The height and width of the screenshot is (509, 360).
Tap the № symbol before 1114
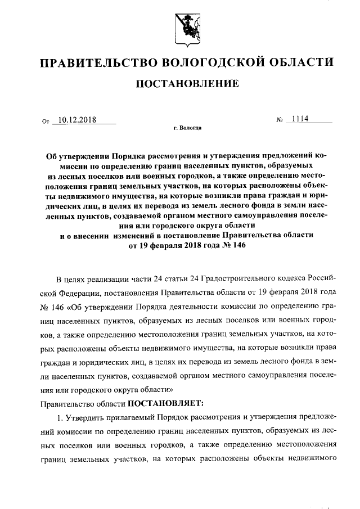click(x=280, y=120)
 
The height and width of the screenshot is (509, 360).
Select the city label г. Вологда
click(x=187, y=129)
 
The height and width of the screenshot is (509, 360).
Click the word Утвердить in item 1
click(x=84, y=419)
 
